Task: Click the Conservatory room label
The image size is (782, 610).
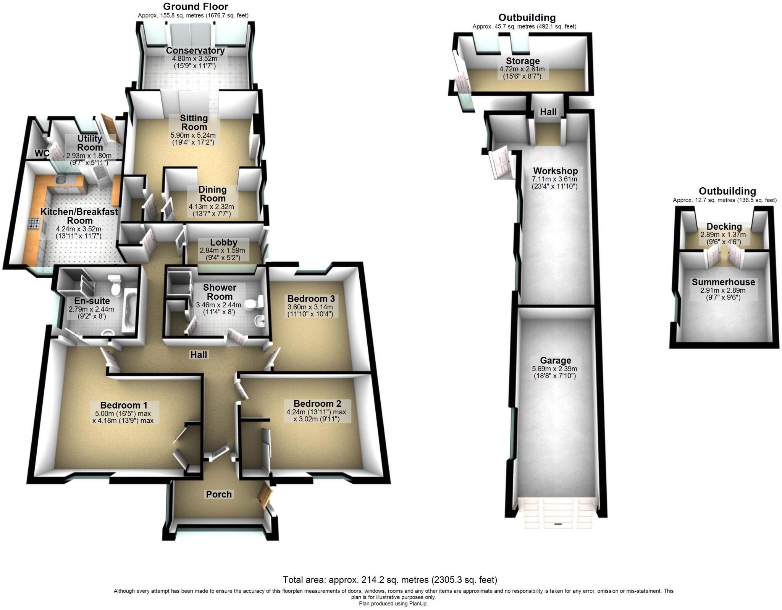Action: click(195, 51)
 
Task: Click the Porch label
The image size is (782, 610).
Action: click(219, 494)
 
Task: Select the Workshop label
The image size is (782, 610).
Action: click(555, 171)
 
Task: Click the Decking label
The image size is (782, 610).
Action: click(724, 227)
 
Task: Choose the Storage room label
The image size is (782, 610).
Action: click(522, 61)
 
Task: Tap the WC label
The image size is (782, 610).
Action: click(42, 153)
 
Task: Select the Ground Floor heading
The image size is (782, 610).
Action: click(195, 6)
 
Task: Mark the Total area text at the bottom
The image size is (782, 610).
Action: click(390, 580)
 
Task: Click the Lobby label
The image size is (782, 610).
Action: click(224, 242)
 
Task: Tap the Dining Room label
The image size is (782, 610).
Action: click(212, 194)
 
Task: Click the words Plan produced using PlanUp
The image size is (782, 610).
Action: click(393, 604)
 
